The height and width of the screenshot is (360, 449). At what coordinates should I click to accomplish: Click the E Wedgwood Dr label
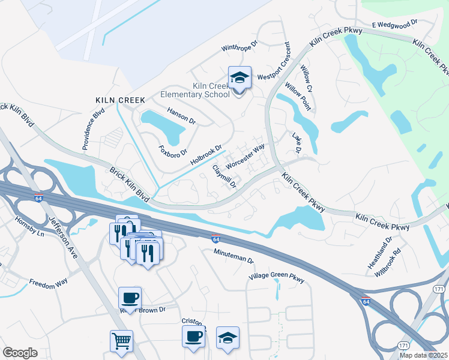[x=394, y=25]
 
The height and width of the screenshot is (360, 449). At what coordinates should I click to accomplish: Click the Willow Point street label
[x=298, y=97]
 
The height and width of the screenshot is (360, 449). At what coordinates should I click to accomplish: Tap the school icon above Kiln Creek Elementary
[x=239, y=78]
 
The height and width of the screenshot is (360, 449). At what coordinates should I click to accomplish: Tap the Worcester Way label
[x=245, y=157]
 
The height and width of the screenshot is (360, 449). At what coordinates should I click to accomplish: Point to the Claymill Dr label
[x=224, y=178]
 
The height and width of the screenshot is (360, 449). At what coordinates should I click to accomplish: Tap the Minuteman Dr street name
[x=234, y=257]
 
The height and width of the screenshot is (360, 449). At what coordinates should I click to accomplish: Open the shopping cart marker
[x=121, y=341]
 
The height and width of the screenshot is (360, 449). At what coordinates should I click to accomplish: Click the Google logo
[x=20, y=353]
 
